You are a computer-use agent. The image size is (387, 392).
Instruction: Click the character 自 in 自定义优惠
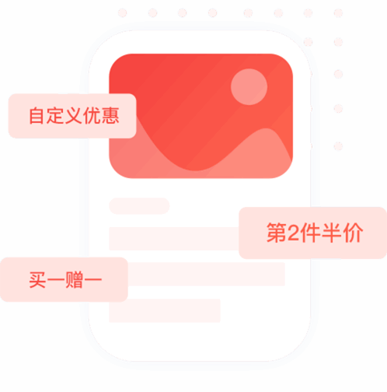pyautogui.click(x=36, y=116)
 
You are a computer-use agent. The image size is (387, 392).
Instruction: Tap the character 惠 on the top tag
pyautogui.click(x=110, y=115)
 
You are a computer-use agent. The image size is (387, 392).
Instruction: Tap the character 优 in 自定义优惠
pyautogui.click(x=92, y=115)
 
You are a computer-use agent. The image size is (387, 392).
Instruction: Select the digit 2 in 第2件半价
pyautogui.click(x=293, y=233)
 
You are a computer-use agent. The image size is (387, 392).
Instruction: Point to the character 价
pyautogui.click(x=354, y=233)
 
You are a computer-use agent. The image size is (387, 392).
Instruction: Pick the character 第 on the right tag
pyautogui.click(x=277, y=233)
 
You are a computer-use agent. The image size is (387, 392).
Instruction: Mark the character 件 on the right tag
pyautogui.click(x=310, y=233)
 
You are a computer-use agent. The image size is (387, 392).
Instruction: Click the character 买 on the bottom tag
pyautogui.click(x=37, y=280)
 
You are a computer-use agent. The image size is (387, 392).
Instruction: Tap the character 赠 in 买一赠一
pyautogui.click(x=74, y=280)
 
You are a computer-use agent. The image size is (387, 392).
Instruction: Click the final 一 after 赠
pyautogui.click(x=92, y=279)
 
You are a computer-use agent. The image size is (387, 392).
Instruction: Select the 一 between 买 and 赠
pyautogui.click(x=56, y=279)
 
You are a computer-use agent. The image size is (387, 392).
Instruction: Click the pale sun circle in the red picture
pyautogui.click(x=249, y=86)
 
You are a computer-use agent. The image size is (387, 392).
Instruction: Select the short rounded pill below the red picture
pyautogui.click(x=139, y=206)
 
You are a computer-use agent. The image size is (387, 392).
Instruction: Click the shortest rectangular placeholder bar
pyautogui.click(x=165, y=310)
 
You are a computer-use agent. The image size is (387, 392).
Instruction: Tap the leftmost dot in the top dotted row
pyautogui.click(x=122, y=12)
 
